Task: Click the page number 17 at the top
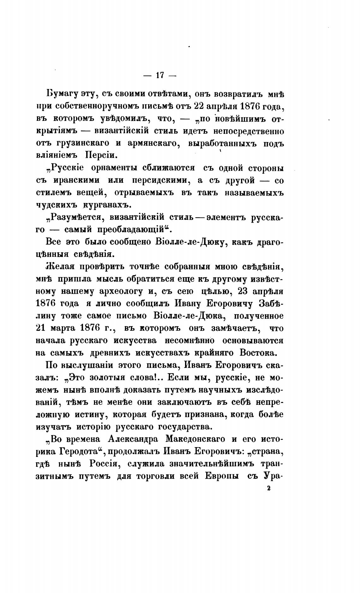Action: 159,75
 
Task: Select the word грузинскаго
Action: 83,143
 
